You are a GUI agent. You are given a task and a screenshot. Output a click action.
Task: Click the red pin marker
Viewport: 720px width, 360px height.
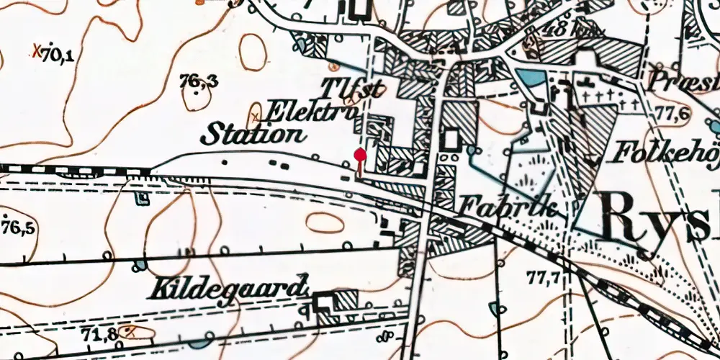tap(361, 153)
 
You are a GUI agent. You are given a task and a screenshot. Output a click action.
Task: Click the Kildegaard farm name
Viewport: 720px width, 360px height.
tap(225, 289)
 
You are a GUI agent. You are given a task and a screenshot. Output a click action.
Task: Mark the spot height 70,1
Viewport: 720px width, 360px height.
tap(58, 54)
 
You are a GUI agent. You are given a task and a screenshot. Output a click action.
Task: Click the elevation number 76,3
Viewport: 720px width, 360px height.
tap(200, 83)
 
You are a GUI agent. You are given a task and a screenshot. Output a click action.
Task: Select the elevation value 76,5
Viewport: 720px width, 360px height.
tap(19, 228)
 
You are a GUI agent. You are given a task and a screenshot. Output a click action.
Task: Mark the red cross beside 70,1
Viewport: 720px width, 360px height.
tap(37, 51)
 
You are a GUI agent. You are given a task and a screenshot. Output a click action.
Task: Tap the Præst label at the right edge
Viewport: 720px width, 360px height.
tap(684, 78)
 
